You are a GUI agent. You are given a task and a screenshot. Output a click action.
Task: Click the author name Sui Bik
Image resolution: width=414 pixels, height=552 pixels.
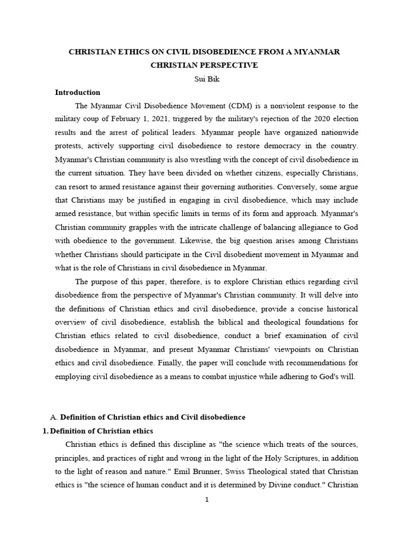point(207,79)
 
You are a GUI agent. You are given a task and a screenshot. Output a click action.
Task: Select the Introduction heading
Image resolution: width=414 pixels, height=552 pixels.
point(78,92)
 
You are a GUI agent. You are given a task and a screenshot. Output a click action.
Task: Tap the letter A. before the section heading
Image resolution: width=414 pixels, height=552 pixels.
point(53,417)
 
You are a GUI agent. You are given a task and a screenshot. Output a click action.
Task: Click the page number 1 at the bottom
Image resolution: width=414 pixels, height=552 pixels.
point(206,500)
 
